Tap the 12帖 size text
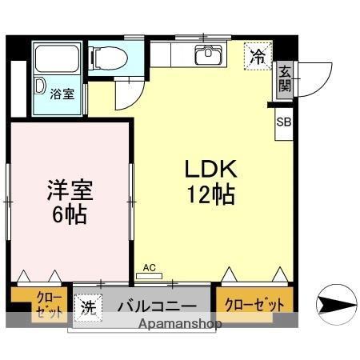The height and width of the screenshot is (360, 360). point(211,194)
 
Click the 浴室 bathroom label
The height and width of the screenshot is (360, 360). point(62,94)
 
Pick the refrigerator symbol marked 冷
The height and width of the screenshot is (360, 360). point(258,57)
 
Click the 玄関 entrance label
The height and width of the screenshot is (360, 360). point(284,80)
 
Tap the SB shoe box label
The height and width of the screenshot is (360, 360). point(284,122)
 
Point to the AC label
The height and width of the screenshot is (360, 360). point(149,267)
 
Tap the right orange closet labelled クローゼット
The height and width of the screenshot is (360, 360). point(254,304)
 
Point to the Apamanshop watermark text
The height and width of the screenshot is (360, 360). point(179,325)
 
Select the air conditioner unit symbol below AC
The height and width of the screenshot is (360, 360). point(149,274)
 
